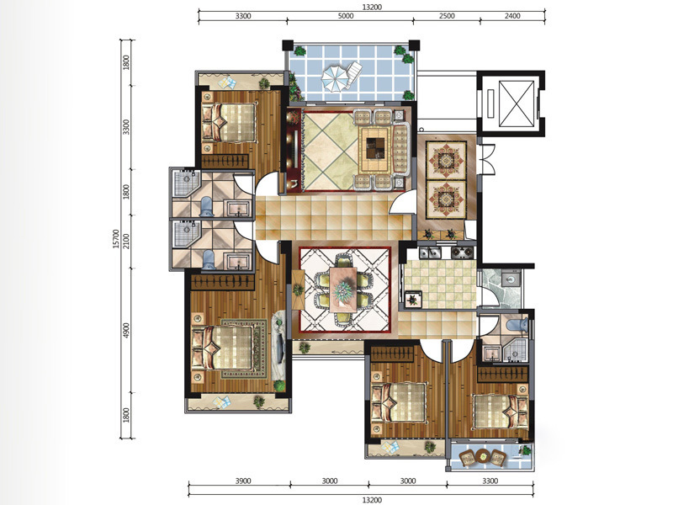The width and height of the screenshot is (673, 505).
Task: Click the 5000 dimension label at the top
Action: point(346,16)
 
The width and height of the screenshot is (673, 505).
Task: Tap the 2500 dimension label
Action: point(447,16)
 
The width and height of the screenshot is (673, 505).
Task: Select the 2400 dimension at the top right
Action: point(512,16)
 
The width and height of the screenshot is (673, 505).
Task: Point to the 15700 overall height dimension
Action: point(115,239)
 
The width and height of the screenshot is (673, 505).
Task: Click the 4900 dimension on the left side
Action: point(125,331)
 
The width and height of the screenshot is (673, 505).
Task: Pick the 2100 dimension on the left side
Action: point(125,242)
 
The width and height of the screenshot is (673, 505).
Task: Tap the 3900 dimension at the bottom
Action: point(243,481)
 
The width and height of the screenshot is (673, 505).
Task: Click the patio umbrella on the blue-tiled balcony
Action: point(335,78)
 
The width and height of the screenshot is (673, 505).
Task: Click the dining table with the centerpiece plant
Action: point(343,289)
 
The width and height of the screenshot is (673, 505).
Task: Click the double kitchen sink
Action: point(430,252)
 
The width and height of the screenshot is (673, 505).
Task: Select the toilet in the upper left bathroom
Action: point(207,206)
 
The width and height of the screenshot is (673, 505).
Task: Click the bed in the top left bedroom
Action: point(229,123)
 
